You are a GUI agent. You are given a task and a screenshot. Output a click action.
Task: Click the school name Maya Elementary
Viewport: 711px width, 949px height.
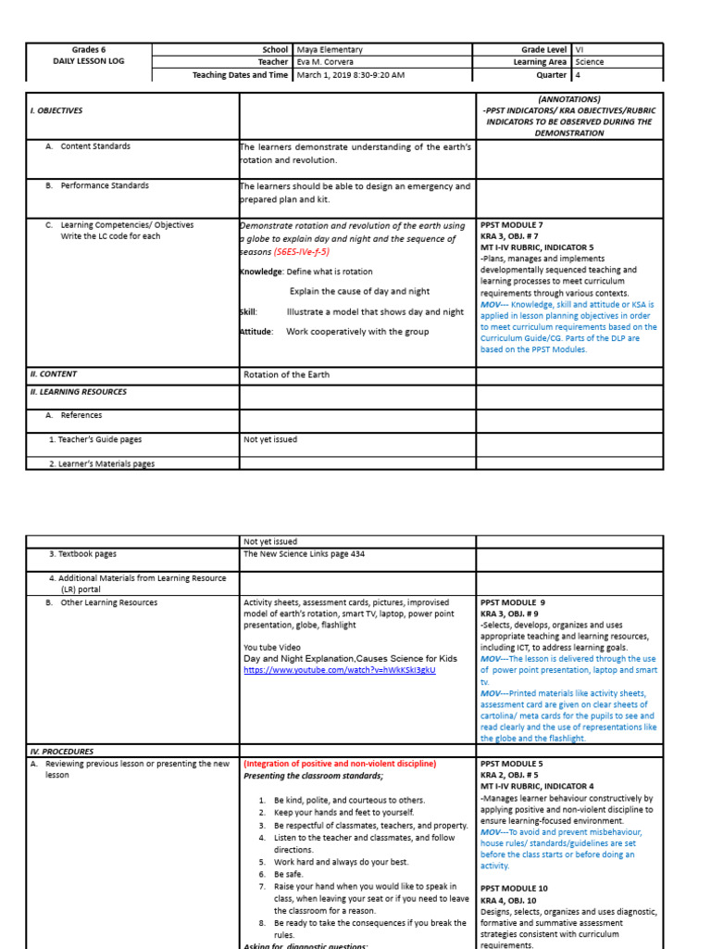click(330, 49)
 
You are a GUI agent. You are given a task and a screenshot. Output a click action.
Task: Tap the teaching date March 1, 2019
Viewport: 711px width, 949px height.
click(324, 75)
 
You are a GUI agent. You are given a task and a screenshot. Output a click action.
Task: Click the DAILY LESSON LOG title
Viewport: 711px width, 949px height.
click(89, 61)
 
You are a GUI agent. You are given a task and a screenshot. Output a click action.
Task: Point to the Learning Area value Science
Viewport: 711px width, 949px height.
click(590, 62)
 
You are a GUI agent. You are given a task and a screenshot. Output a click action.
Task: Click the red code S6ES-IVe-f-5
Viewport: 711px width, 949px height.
click(301, 252)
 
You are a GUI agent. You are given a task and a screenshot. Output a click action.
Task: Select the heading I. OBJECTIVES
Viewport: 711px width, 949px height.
click(57, 110)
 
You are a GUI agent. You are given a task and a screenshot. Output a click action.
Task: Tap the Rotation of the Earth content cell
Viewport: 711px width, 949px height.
click(286, 374)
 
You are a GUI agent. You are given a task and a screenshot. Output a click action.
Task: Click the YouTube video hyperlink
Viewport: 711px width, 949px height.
click(339, 669)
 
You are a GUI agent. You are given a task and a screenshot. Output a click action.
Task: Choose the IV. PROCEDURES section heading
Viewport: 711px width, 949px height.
click(62, 752)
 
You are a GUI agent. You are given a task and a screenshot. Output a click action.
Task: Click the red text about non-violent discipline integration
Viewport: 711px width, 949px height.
click(339, 764)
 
